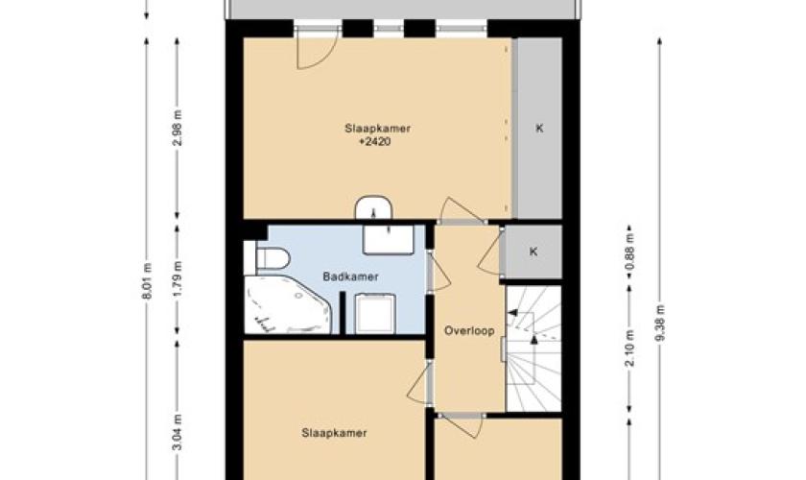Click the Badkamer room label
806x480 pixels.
(x=350, y=276)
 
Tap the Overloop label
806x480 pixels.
(x=469, y=331)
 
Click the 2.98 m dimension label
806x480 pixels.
(x=178, y=128)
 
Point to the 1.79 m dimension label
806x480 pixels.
(x=178, y=278)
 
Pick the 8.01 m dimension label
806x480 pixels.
(x=147, y=281)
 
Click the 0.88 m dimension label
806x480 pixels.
(x=629, y=252)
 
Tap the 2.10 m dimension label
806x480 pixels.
(x=629, y=348)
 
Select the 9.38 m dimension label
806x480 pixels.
(x=660, y=323)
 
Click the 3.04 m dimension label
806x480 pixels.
(x=178, y=432)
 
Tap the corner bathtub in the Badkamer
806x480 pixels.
(x=287, y=304)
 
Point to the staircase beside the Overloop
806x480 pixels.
(x=533, y=348)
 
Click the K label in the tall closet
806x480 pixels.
(x=539, y=128)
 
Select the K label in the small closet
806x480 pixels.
(x=533, y=252)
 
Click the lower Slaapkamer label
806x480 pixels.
(x=334, y=433)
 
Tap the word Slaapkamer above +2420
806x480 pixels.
(x=377, y=128)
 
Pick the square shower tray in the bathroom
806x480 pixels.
(x=376, y=313)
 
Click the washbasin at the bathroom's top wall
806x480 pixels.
(x=388, y=240)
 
